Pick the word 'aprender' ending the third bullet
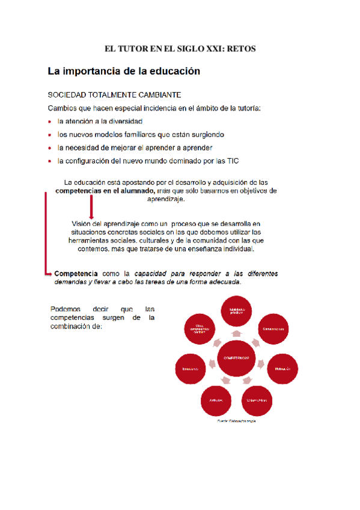pos(196,148)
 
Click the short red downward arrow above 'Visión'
pos(90,209)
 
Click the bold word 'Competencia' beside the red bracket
pos(76,273)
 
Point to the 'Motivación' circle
pos(284,367)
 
